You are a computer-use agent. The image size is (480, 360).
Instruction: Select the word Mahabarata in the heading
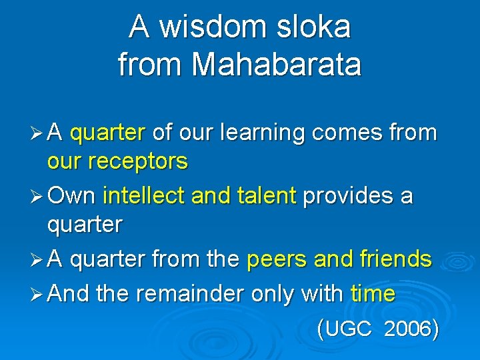tap(276, 65)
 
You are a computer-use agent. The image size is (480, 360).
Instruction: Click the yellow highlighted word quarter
tap(107, 133)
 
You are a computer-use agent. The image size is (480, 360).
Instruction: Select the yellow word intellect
tap(145, 197)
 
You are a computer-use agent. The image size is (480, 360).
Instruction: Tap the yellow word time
tap(373, 294)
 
